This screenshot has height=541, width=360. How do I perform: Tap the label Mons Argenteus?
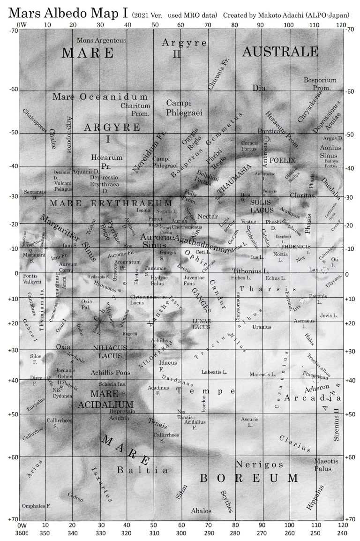pos(101,40)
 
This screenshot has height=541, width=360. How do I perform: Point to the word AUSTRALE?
pos(280,52)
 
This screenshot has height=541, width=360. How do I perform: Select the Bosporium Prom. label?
pos(320,84)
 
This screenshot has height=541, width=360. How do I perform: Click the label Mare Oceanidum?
pos(100,97)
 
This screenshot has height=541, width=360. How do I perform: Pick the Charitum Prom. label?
pos(135,110)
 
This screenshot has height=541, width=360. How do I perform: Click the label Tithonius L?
pos(251,271)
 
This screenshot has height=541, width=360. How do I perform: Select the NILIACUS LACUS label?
pos(110,352)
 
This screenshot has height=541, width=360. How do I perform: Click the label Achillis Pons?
pos(111,372)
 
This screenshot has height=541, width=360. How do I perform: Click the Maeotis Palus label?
pos(326,465)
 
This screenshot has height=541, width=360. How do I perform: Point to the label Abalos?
pos(201,511)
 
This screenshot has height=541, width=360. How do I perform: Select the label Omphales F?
pos(36,506)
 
